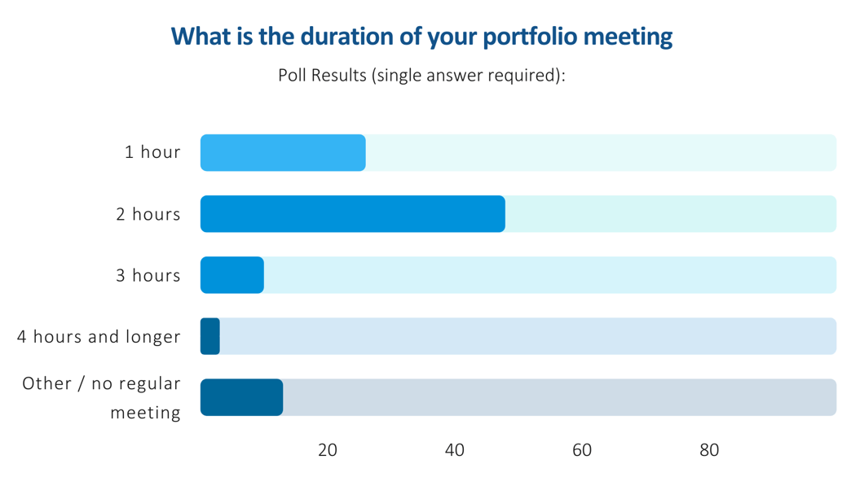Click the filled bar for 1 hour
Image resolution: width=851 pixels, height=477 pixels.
283,153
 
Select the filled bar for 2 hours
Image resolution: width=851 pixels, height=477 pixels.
352,214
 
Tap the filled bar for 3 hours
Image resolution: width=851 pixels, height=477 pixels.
232,275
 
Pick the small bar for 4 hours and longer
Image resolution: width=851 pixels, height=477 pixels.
210,336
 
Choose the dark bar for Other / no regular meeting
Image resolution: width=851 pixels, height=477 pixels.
241,397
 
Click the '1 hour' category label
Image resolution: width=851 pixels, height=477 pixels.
152,152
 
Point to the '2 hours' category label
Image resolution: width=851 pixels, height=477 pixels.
148,214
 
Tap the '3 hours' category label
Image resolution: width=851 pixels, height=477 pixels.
148,275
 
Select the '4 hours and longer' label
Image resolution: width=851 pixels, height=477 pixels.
99,336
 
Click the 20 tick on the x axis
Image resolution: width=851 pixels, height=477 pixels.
328,450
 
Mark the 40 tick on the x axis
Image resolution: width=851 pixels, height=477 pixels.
455,450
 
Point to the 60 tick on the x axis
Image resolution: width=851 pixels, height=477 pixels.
582,450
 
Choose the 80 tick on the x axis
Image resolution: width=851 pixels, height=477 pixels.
709,450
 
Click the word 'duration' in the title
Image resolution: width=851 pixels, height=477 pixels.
337,37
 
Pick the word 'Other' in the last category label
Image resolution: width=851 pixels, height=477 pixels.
46,383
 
